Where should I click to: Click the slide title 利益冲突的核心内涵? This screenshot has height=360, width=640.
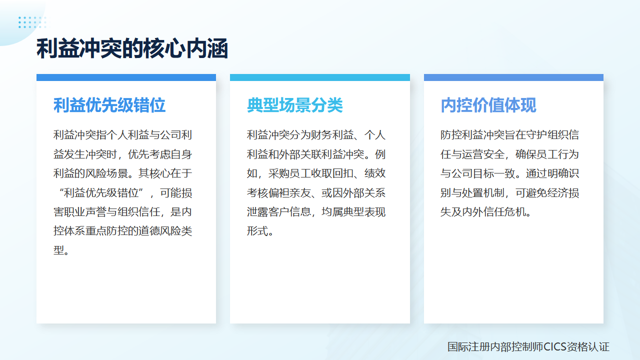(x=132, y=49)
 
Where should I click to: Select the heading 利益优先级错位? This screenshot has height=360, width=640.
(x=109, y=105)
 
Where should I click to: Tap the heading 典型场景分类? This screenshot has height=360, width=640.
(x=295, y=105)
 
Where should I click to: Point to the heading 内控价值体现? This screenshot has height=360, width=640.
(x=488, y=105)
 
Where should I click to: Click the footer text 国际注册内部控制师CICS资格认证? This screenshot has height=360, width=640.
(x=528, y=347)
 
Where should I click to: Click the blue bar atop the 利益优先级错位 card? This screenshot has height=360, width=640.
(x=126, y=77)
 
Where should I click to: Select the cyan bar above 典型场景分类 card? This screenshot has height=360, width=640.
(x=320, y=77)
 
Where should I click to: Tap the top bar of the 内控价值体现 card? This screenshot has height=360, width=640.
(x=513, y=77)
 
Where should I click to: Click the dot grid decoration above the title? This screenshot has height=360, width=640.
(x=32, y=22)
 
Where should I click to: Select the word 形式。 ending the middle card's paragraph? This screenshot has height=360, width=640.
(x=260, y=231)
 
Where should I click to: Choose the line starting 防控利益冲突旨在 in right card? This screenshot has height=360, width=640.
(x=509, y=135)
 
